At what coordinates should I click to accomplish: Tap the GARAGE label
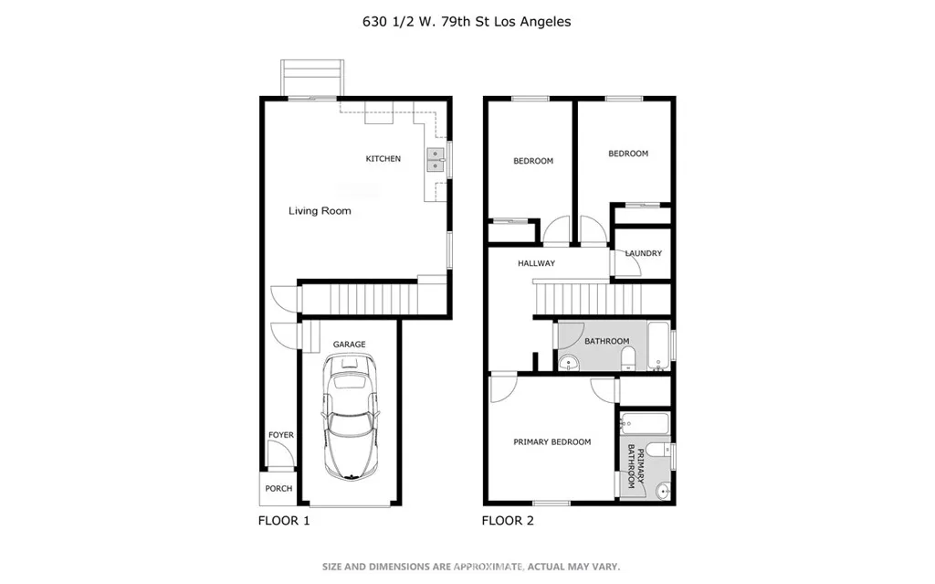click(x=349, y=345)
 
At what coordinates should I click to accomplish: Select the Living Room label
click(x=320, y=211)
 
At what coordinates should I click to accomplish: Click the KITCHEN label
click(x=383, y=159)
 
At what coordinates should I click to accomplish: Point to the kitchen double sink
click(x=435, y=161)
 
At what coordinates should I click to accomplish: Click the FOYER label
click(x=281, y=435)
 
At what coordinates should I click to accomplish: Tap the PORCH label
click(x=278, y=489)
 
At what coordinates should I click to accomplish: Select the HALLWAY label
click(x=536, y=263)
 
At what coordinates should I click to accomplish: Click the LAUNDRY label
click(x=643, y=254)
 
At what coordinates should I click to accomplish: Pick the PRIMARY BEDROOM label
click(x=552, y=442)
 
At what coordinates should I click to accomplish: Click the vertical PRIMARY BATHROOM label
click(x=631, y=466)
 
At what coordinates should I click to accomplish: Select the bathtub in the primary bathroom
click(x=645, y=423)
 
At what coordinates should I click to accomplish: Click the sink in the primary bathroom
click(x=663, y=493)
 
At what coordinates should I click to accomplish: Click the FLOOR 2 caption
click(x=508, y=521)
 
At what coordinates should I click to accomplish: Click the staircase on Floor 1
click(x=360, y=299)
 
